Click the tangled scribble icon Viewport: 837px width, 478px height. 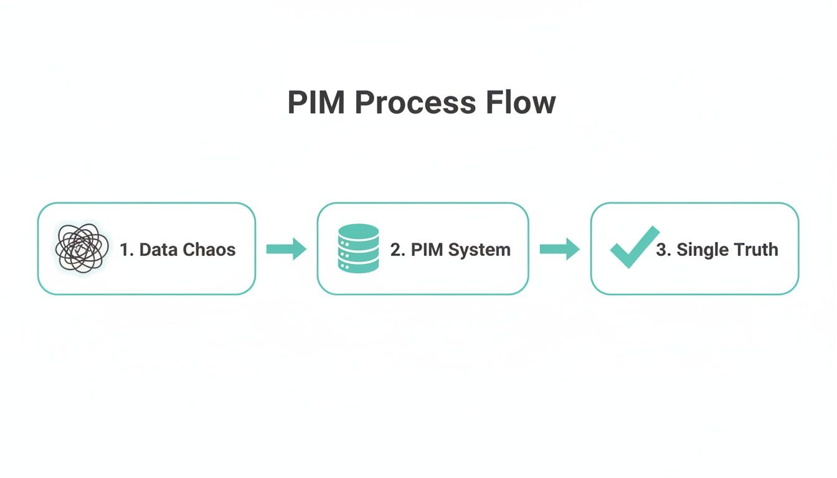78,248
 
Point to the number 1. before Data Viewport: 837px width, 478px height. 127,250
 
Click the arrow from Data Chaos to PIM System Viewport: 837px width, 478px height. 286,249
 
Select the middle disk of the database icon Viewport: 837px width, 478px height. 358,248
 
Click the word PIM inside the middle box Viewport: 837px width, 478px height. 427,250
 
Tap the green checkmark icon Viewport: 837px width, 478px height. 633,247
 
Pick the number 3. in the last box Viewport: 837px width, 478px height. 663,250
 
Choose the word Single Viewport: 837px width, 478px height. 702,250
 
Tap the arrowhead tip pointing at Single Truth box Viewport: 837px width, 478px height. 578,249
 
